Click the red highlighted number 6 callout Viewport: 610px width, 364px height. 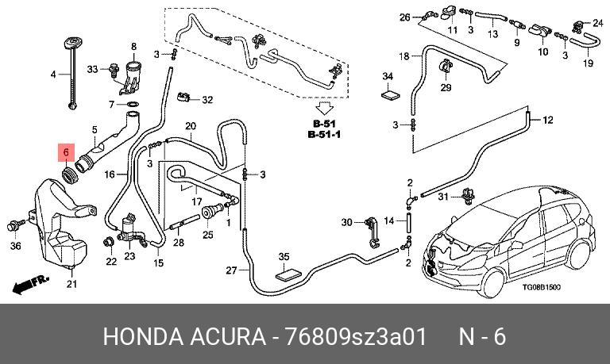pyautogui.click(x=66, y=152)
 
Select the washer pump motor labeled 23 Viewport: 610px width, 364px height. pyautogui.click(x=130, y=230)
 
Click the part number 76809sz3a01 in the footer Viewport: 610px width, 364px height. pyautogui.click(x=356, y=336)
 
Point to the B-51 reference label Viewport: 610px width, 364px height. pyautogui.click(x=324, y=124)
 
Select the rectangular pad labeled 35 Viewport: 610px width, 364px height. pyautogui.click(x=288, y=274)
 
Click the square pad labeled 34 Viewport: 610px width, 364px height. pyautogui.click(x=390, y=95)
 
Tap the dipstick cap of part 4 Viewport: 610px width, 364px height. pyautogui.click(x=71, y=42)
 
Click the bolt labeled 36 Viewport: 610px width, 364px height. pyautogui.click(x=16, y=224)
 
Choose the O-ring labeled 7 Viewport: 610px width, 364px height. pyautogui.click(x=133, y=104)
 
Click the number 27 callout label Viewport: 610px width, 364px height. pyautogui.click(x=231, y=270)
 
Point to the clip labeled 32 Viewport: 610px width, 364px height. pyautogui.click(x=183, y=96)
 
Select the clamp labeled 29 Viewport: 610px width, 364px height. pyautogui.click(x=444, y=66)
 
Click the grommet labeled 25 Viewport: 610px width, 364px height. pyautogui.click(x=209, y=213)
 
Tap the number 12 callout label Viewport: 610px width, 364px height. pyautogui.click(x=548, y=120)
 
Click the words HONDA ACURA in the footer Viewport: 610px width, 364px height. pyautogui.click(x=184, y=336)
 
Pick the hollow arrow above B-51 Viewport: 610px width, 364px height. pyautogui.click(x=324, y=109)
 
